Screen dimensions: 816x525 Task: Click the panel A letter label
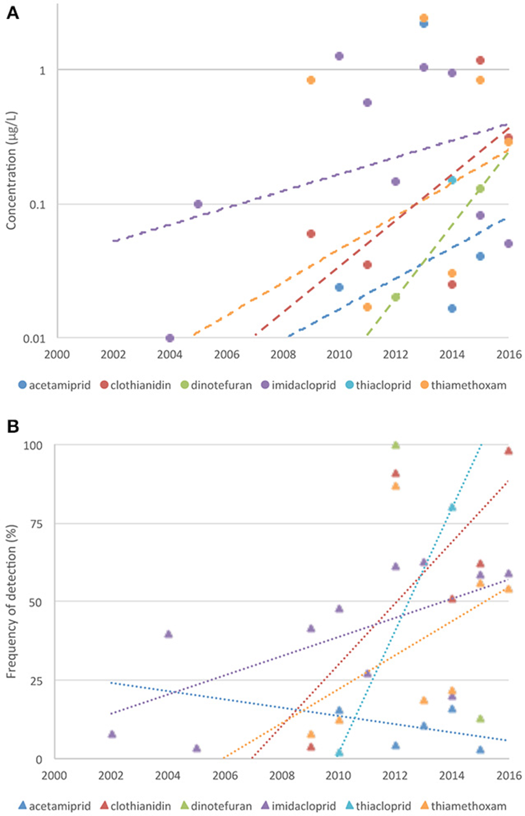pos(12,13)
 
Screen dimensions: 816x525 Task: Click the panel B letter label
pos(12,426)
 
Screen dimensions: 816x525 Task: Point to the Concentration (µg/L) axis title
pos(12,171)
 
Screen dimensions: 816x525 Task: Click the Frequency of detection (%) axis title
pos(12,602)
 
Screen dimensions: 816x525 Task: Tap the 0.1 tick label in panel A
pos(36,205)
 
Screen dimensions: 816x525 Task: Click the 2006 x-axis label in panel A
pos(226,354)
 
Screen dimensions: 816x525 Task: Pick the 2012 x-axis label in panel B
pos(395,775)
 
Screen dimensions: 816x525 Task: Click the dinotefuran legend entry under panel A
pos(216,385)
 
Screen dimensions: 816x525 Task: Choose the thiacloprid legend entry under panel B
pos(378,806)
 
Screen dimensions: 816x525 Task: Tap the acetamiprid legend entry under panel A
pos(54,385)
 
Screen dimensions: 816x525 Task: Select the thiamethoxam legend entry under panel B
pos(463,806)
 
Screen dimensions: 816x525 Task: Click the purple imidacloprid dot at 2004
pos(170,338)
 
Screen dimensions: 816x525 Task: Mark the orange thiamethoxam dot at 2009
pos(311,80)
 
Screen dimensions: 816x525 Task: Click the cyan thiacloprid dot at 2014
pos(452,180)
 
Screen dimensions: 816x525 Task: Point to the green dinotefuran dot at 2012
pos(396,297)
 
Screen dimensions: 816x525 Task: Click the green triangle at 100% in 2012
pos(396,445)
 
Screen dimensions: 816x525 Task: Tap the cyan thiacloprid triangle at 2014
pos(452,507)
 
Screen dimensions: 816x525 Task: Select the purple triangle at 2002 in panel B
pos(112,734)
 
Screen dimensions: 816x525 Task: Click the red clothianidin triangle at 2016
pos(509,451)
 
